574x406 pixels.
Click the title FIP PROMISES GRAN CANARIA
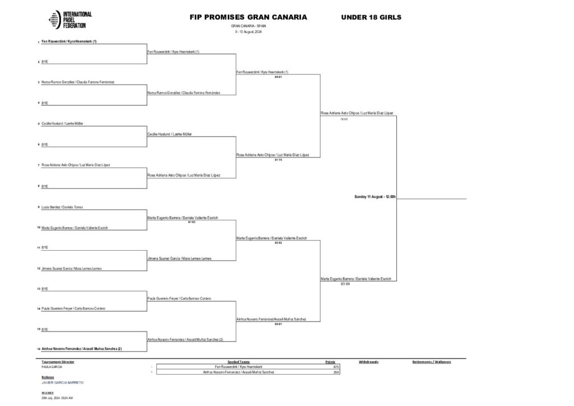click(248, 17)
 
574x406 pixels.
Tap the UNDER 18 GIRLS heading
click(371, 17)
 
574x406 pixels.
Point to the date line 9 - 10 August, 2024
click(248, 31)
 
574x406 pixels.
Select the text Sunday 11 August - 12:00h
click(375, 196)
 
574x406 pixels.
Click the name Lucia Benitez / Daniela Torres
click(62, 207)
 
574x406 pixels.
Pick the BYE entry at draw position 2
click(45, 62)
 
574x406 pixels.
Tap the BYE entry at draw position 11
click(45, 247)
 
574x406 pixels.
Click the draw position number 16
click(39, 349)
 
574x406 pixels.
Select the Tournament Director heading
click(58, 362)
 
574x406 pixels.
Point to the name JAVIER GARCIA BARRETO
click(62, 382)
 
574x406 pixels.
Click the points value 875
click(336, 367)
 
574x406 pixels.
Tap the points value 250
click(336, 372)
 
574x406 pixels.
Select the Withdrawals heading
click(369, 362)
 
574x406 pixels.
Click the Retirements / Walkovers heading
click(432, 362)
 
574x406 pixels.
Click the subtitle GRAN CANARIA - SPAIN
click(248, 26)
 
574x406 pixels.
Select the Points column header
click(330, 362)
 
